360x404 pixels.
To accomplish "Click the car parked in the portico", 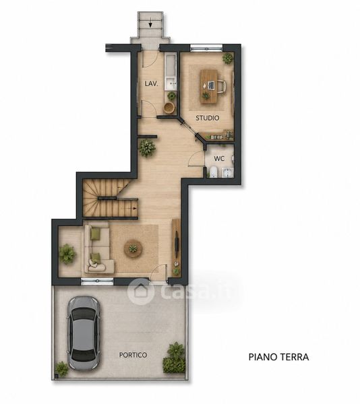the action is click(84, 333).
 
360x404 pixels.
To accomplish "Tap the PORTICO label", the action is click(133, 355).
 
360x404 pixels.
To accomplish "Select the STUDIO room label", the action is click(208, 118).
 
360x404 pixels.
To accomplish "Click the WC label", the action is click(219, 159).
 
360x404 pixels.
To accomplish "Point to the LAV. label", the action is click(152, 83).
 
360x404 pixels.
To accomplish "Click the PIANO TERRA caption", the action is click(279, 357).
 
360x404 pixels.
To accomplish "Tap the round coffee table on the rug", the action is click(133, 248).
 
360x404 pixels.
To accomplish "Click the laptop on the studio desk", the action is click(211, 86).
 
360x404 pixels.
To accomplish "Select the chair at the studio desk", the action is click(222, 86).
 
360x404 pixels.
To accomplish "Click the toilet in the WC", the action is click(213, 172).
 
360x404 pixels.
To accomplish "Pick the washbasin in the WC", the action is click(228, 172).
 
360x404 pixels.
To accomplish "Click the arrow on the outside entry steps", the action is click(150, 24).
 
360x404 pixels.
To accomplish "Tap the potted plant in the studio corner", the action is click(227, 58).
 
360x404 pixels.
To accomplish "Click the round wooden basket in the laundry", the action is click(169, 108).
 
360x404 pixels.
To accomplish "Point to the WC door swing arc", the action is click(195, 157).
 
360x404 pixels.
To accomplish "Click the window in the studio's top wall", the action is click(206, 48).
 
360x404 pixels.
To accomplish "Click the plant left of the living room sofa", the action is click(67, 254).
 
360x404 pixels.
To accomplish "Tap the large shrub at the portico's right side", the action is click(174, 358).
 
